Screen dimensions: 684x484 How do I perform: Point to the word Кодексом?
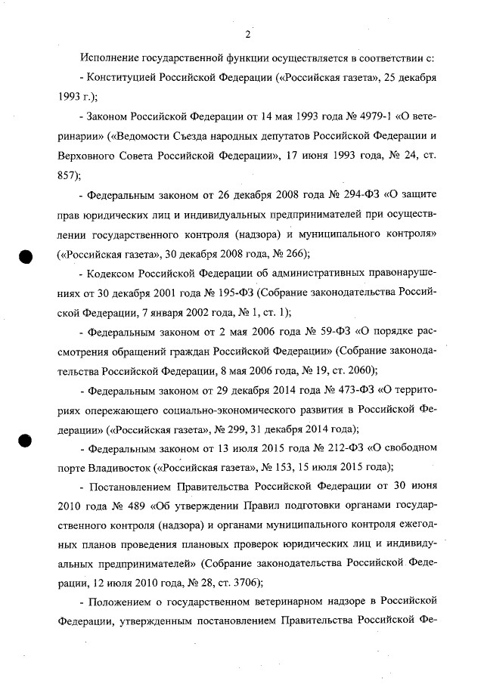click(111, 272)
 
